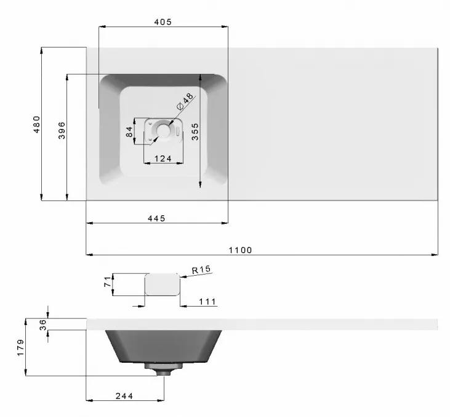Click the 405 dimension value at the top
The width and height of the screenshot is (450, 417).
163,22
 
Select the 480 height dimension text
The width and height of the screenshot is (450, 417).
36,124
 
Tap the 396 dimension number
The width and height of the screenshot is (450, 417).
62,130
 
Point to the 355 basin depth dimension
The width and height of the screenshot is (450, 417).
195,132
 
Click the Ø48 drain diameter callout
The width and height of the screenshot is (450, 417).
184,101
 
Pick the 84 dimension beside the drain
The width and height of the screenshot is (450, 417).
129,132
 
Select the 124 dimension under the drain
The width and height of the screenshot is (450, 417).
163,159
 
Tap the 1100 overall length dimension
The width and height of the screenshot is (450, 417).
240,250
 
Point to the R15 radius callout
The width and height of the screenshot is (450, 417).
201,270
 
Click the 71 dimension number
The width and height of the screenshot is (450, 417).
106,284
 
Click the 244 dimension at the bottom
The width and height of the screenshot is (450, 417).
124,395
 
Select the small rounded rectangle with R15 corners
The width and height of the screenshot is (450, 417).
163,284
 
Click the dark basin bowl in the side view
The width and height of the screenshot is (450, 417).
163,346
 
